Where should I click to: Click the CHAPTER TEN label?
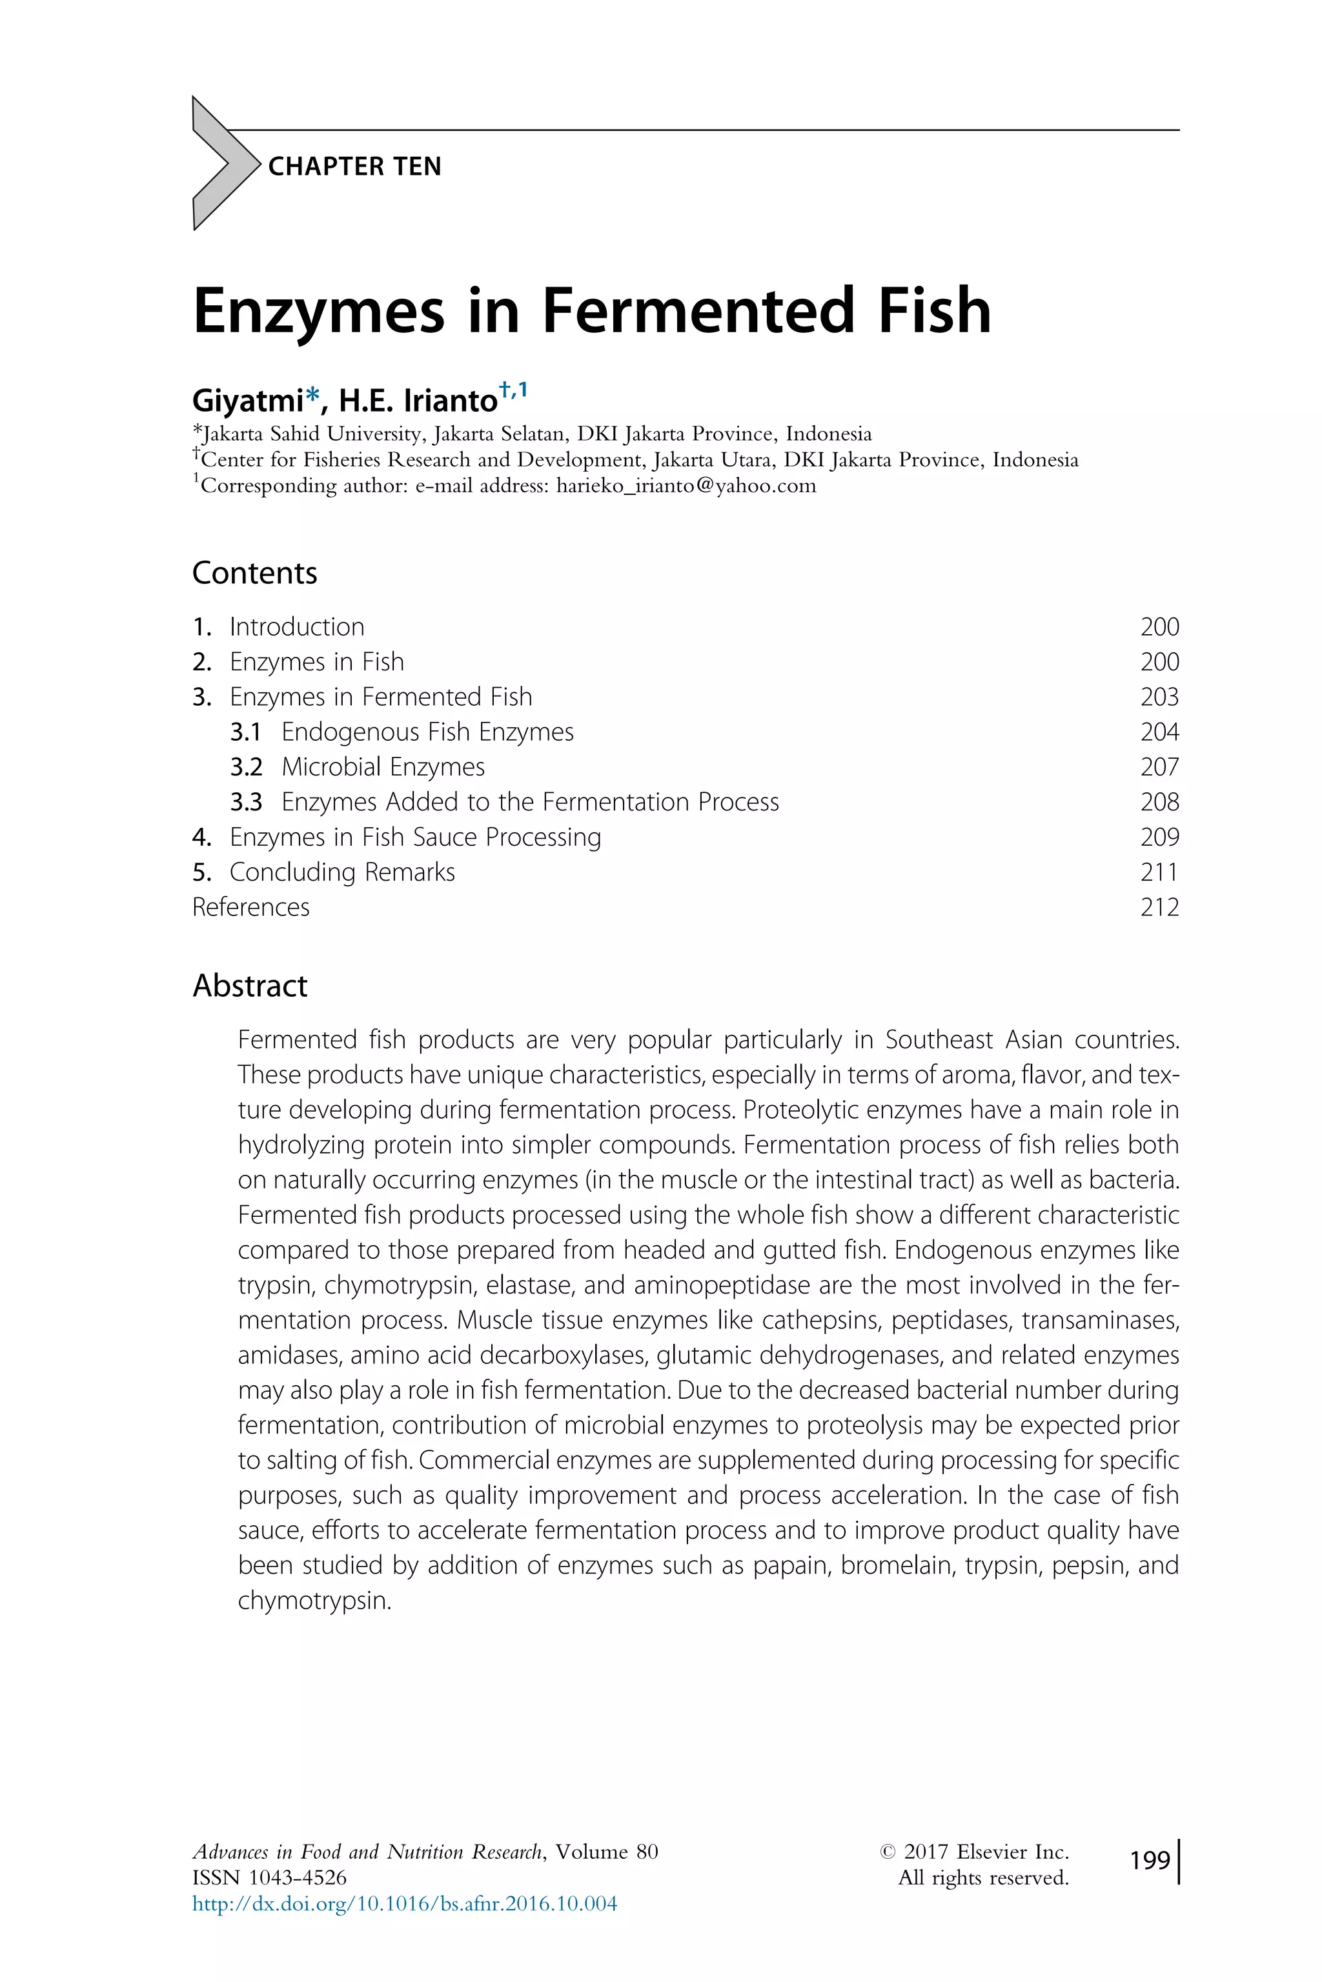point(354,166)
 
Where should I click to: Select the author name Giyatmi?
point(247,399)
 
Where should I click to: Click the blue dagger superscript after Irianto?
point(505,389)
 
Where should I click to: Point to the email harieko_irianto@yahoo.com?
point(686,486)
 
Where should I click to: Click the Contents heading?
point(254,573)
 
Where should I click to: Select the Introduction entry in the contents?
point(297,627)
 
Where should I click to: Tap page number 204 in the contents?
point(1159,732)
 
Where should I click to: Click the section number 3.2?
point(245,767)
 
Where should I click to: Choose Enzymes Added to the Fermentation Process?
point(529,802)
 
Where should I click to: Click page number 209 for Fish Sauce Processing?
point(1159,837)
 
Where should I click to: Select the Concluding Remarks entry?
point(341,872)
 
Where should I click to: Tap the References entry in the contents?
point(250,908)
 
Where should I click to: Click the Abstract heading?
point(250,986)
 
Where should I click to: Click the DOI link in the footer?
point(404,1903)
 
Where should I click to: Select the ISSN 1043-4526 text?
point(269,1877)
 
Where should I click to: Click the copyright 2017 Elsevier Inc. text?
point(974,1852)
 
